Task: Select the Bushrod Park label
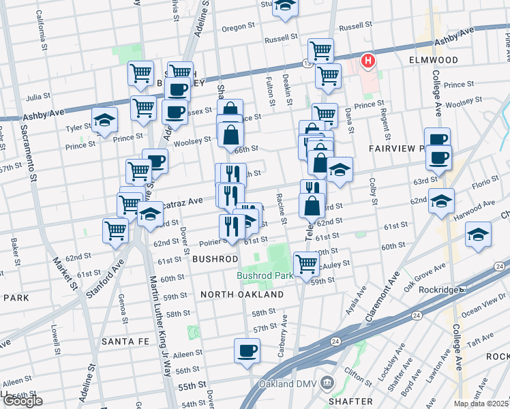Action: (265, 275)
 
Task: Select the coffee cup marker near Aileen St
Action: (247, 352)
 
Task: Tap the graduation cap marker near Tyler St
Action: (104, 121)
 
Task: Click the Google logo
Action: (22, 402)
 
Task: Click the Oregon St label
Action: (238, 28)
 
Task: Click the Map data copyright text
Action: (481, 404)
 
